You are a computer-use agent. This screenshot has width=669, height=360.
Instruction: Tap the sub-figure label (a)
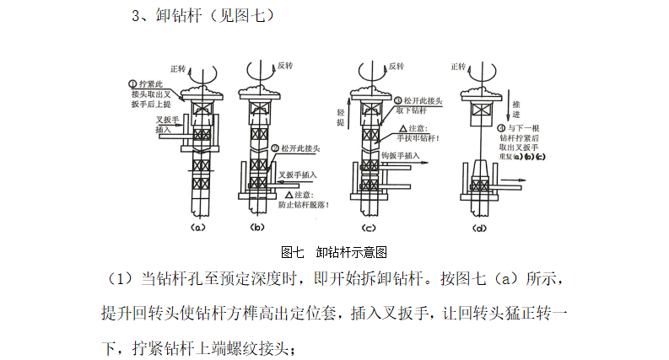point(197,227)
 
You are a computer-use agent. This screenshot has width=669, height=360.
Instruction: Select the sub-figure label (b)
point(257,227)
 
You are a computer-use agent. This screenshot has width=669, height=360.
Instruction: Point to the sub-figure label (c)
point(369,227)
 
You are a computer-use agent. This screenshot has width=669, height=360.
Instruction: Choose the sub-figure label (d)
point(480,227)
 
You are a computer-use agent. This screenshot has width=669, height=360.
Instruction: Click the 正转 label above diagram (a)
point(178,67)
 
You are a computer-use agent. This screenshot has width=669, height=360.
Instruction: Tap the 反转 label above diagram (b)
point(287,65)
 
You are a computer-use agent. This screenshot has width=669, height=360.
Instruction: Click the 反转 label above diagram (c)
point(396,65)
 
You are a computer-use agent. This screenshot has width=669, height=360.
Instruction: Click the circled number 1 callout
point(132,83)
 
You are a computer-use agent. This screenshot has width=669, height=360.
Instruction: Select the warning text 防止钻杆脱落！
point(305,205)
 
